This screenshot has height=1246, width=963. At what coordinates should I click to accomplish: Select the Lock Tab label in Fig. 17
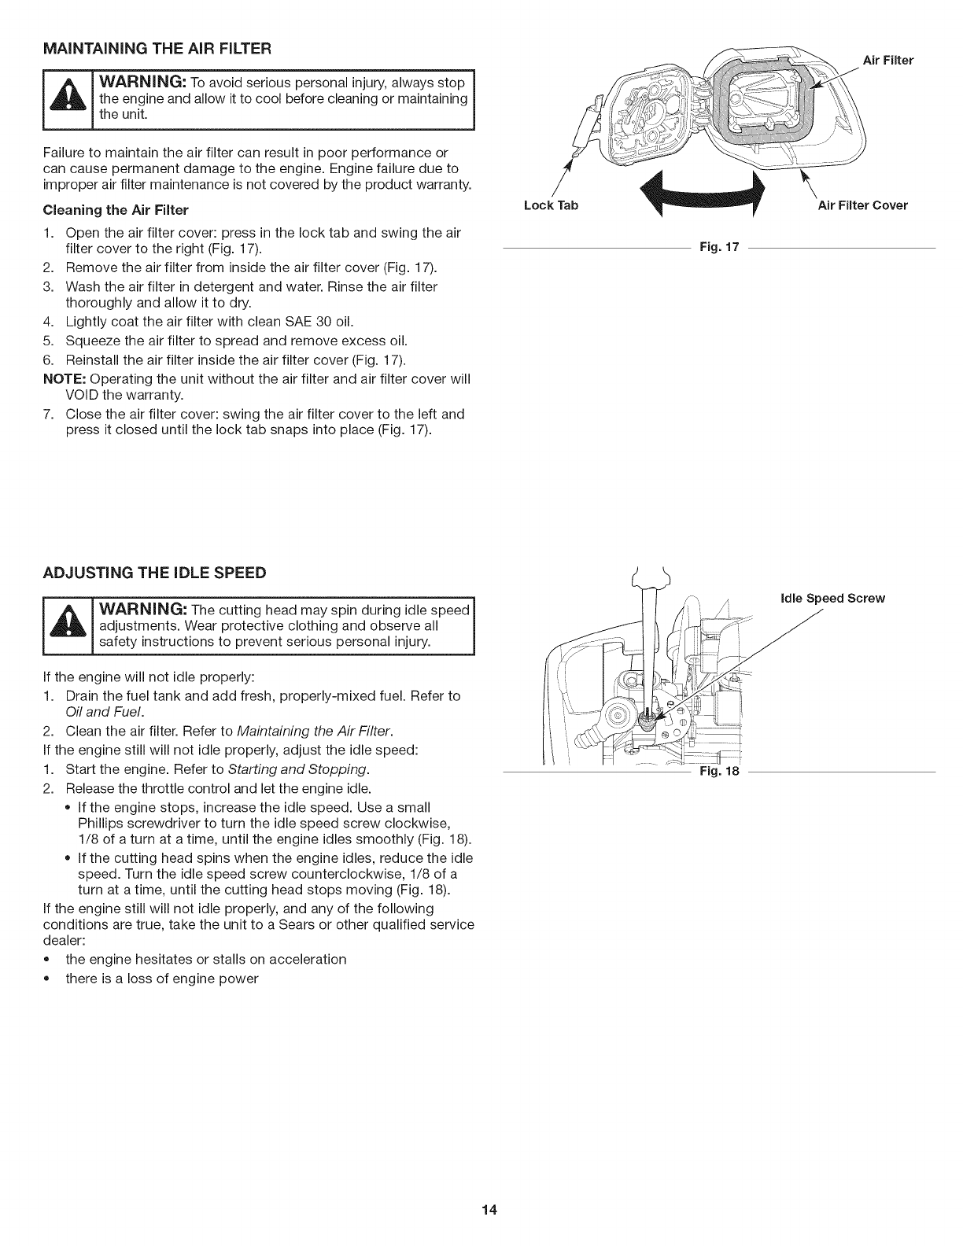pos(551,206)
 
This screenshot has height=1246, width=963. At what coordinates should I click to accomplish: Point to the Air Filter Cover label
pos(862,206)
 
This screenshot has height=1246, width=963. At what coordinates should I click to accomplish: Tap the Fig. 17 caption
pos(720,248)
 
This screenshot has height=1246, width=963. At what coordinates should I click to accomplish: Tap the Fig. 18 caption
pos(720,772)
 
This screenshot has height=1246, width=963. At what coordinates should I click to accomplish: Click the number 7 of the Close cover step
pos(48,414)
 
